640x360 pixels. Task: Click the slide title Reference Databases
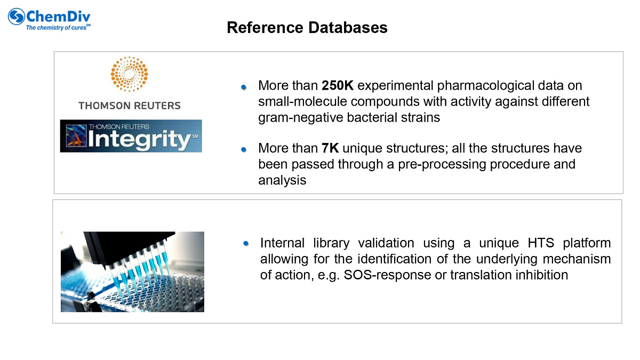(x=307, y=28)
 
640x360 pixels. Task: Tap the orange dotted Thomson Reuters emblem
(x=129, y=74)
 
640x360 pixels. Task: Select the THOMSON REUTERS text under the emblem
(x=130, y=106)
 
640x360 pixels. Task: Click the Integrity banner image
(x=131, y=136)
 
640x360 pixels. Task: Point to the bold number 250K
(x=338, y=86)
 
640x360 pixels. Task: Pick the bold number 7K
(x=330, y=148)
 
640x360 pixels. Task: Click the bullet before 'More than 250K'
(x=244, y=86)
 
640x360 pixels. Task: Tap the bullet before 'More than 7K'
(x=244, y=149)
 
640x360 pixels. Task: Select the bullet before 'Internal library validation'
(x=246, y=243)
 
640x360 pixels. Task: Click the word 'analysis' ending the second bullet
(x=282, y=180)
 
